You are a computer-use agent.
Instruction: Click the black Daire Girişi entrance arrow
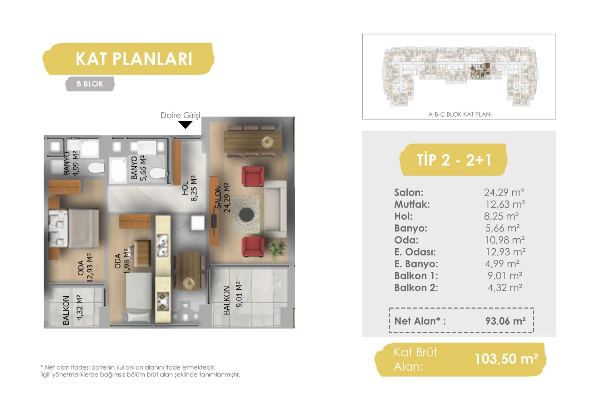(x=185, y=125)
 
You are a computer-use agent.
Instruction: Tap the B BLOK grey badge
(x=90, y=84)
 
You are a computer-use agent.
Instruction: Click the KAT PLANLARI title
(x=134, y=59)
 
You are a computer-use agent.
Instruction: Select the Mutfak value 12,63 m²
(x=505, y=204)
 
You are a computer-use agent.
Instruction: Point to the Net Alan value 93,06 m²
(x=505, y=321)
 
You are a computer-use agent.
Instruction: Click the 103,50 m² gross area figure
(x=506, y=359)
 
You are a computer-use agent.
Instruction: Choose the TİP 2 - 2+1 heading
(x=454, y=160)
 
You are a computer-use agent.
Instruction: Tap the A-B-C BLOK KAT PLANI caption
(x=460, y=114)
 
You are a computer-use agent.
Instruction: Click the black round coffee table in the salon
(x=247, y=214)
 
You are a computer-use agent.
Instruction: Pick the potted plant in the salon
(x=277, y=248)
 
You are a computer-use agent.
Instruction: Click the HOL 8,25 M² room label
(x=189, y=188)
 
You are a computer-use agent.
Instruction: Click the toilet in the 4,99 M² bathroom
(x=96, y=168)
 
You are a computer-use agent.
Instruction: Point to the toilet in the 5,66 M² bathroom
(x=158, y=174)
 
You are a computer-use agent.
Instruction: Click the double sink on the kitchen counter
(x=162, y=245)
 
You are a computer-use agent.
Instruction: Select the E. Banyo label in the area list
(x=416, y=264)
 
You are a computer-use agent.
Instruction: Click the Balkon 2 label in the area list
(x=416, y=288)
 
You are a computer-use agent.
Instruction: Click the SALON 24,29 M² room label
(x=222, y=198)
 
